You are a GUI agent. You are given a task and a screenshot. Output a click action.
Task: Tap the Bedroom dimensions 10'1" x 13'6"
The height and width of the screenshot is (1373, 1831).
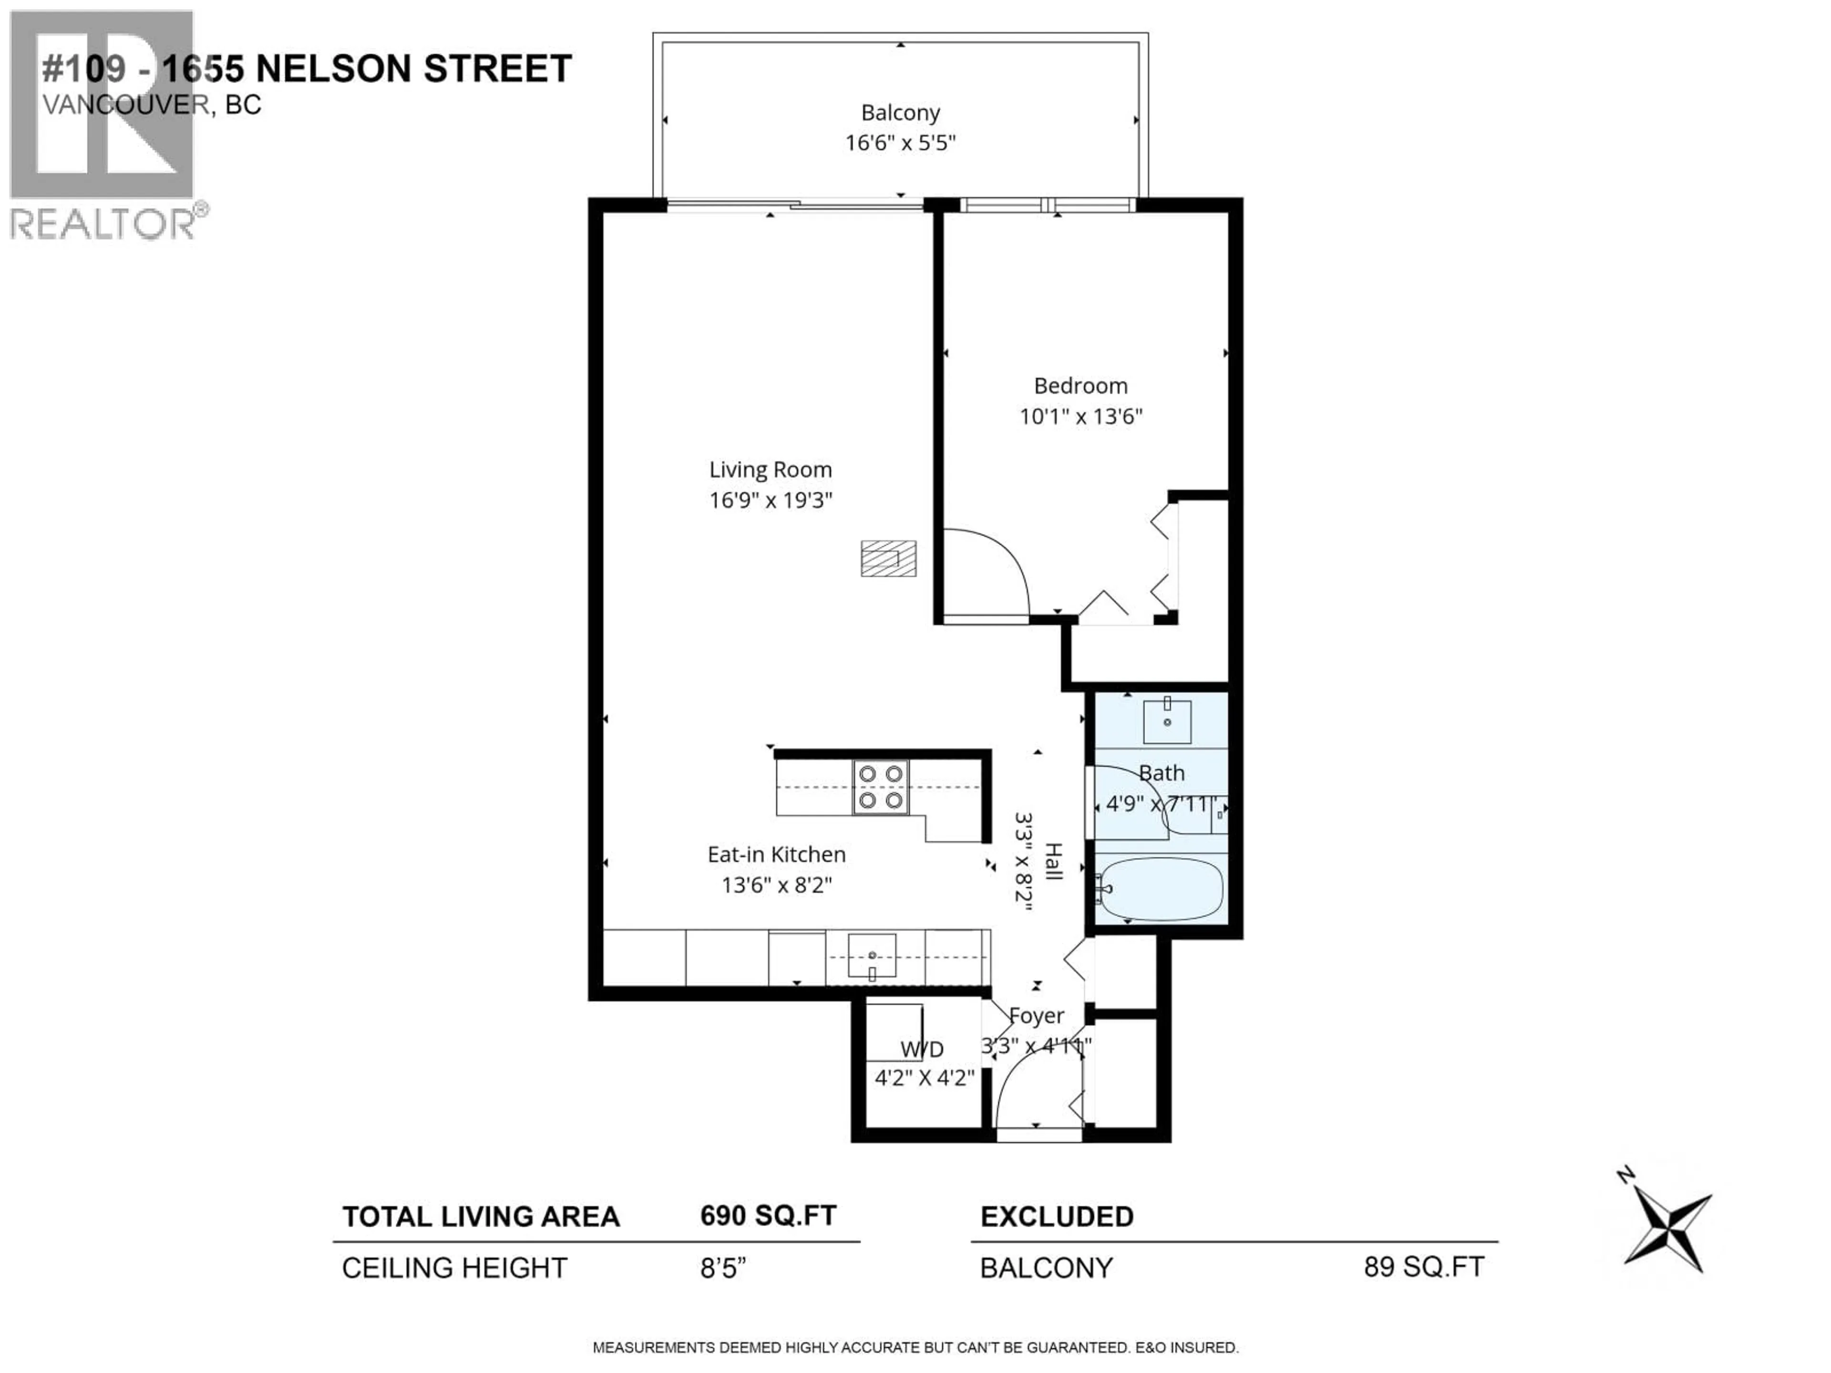[x=1080, y=416]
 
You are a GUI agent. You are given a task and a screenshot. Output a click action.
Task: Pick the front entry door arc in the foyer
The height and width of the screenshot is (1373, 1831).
[x=1027, y=1084]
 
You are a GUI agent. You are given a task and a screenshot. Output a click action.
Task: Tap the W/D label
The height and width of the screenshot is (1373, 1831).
[x=921, y=1049]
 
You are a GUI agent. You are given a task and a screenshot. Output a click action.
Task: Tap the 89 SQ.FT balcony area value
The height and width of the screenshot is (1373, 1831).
[x=1424, y=1267]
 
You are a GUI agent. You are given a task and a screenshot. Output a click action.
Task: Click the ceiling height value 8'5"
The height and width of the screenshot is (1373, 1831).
[x=723, y=1268]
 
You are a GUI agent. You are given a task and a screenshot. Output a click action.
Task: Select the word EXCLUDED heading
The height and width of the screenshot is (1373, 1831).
[x=1056, y=1217]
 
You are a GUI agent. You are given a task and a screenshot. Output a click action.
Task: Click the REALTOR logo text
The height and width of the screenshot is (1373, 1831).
[x=103, y=224]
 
